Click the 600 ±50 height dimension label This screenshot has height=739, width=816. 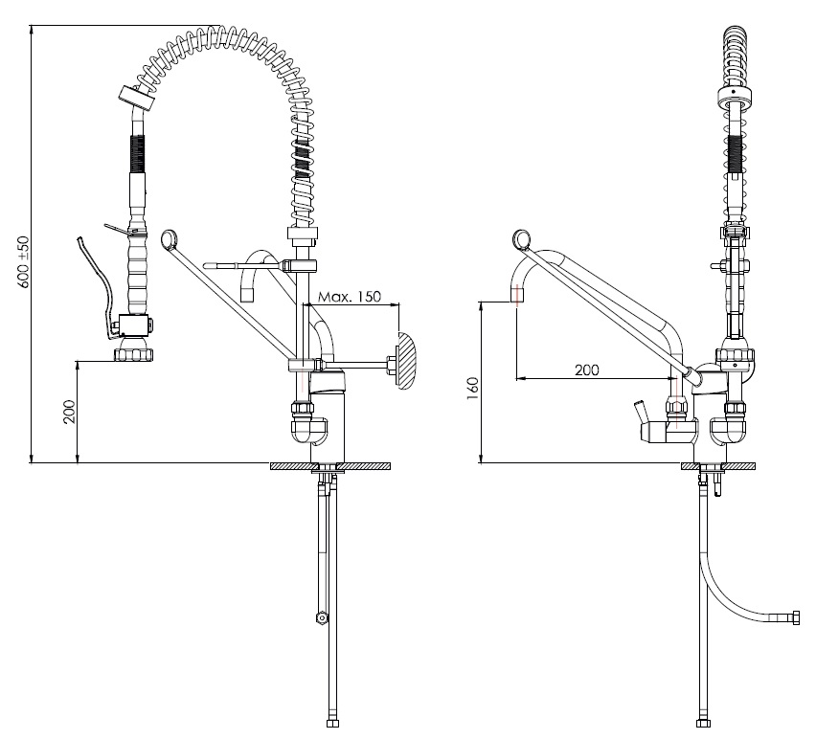tap(23, 262)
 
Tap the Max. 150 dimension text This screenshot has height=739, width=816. tap(350, 297)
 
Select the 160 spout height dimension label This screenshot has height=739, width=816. tap(472, 388)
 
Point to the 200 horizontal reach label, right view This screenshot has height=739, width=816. tap(586, 369)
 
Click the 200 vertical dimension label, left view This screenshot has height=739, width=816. tap(70, 412)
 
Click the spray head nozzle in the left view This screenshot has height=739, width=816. tap(134, 353)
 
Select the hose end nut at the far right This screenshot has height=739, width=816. tap(795, 618)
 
